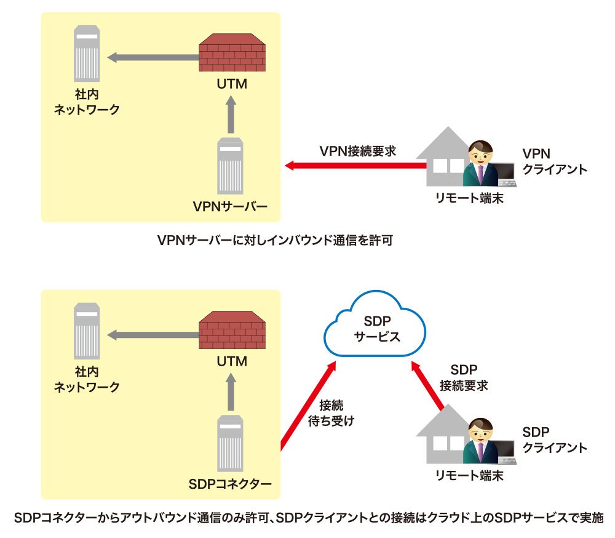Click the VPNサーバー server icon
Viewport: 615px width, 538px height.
click(230, 166)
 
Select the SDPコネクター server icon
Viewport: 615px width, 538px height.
click(230, 443)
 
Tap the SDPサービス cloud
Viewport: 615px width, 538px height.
click(375, 324)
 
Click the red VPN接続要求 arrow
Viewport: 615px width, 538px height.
click(355, 166)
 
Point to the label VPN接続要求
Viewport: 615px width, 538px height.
click(358, 151)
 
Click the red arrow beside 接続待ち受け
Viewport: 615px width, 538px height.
click(308, 406)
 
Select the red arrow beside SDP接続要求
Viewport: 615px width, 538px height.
click(427, 385)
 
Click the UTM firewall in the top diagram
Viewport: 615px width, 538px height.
click(232, 52)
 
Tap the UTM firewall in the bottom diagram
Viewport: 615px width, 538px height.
click(232, 330)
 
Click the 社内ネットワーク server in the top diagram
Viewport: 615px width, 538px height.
click(87, 54)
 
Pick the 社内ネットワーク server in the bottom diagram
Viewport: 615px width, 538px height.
click(87, 331)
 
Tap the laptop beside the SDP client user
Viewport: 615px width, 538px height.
click(507, 452)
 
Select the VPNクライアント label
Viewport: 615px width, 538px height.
click(555, 161)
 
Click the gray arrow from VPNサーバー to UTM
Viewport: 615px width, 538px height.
click(231, 114)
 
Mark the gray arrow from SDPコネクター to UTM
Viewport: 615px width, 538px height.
click(231, 392)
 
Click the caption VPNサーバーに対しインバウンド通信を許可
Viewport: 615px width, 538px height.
click(275, 240)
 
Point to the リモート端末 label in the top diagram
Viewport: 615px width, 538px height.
click(469, 198)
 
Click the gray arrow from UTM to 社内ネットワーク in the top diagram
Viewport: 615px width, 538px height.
click(153, 57)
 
